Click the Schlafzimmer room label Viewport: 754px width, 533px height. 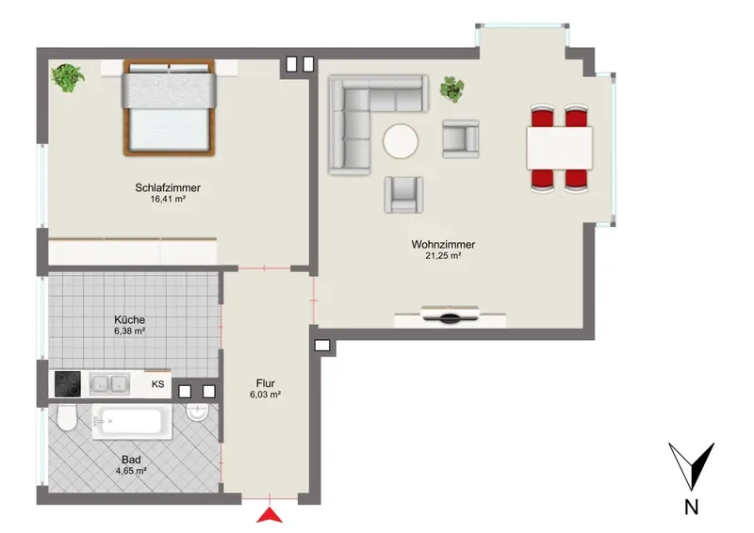pos(168,187)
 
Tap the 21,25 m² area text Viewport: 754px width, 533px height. pos(443,256)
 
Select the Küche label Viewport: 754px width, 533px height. pos(129,319)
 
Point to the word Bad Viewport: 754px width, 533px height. pos(131,460)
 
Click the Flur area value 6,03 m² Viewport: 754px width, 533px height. pos(265,395)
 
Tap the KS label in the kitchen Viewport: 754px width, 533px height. pos(157,384)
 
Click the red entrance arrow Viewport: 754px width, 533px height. pos(270,515)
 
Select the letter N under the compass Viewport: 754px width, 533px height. pos(691,508)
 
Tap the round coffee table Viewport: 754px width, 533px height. pos(401,141)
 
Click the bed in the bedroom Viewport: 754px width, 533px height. pos(169,107)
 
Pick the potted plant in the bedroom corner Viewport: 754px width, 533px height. pos(68,78)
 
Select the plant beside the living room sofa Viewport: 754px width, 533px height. pos(452,89)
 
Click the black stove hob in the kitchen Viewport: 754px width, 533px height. pos(68,384)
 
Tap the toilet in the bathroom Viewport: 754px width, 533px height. pos(66,418)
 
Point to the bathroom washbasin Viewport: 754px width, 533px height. pos(197,412)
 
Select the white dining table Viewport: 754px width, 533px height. pos(559,148)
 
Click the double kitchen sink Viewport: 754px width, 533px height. pos(109,384)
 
